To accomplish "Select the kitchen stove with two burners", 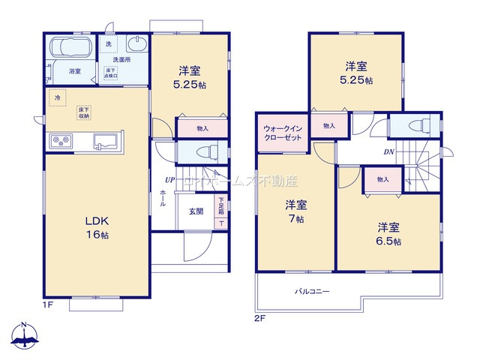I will [x=61, y=140].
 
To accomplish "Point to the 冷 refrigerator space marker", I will [x=56, y=97].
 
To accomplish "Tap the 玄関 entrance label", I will [x=196, y=211].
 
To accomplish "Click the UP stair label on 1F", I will [x=171, y=180].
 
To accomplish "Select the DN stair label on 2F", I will [x=389, y=152].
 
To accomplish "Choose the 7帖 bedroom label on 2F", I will [x=295, y=211].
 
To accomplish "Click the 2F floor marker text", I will [x=259, y=317].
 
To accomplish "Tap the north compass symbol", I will [x=26, y=337].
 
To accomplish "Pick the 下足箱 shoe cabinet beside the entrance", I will [x=221, y=205].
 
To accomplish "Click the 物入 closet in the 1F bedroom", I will [x=202, y=128].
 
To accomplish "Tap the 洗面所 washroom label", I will [x=121, y=58].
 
